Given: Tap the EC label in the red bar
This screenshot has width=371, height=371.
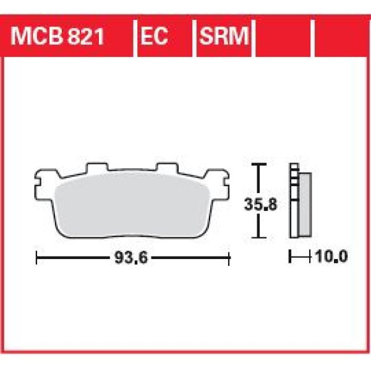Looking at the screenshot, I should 153,38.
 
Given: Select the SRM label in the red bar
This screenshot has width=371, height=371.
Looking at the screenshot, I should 222,38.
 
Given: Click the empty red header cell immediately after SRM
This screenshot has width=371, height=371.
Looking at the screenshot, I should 284,38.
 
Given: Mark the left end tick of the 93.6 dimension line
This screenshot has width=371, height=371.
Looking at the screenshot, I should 37,256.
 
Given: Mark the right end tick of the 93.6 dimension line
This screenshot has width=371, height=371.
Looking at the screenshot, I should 229,256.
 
